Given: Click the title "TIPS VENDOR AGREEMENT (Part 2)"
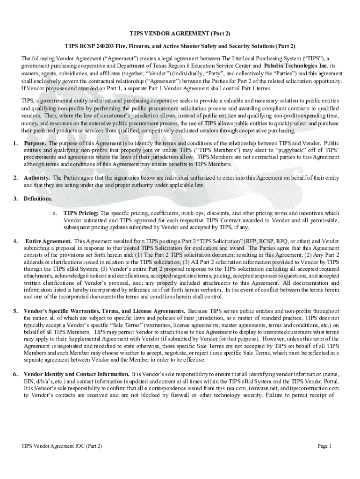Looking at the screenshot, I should click(x=180, y=34).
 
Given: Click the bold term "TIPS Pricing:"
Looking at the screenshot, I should click(x=81, y=213).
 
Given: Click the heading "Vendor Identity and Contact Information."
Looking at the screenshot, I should click(x=77, y=374).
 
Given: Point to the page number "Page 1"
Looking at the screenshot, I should click(x=324, y=446).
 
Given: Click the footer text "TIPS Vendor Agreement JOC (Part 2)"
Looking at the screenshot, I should click(x=62, y=446).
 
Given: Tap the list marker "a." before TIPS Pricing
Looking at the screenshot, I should click(x=55, y=213).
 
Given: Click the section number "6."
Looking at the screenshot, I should click(x=15, y=374).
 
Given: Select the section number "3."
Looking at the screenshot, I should click(x=15, y=198).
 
